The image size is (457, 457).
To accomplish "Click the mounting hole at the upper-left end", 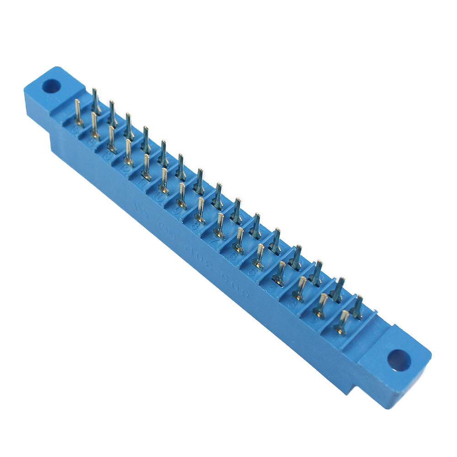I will pos(52,85).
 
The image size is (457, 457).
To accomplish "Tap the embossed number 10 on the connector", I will pos(158,197).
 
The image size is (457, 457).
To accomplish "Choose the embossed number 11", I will pos(140,183).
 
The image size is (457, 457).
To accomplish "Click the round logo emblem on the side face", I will pos(162,227).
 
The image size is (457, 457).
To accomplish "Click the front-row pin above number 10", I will pos(164,181).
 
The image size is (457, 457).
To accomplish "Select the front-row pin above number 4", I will pos(279,272).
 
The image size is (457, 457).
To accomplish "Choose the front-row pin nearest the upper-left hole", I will pos(78,112).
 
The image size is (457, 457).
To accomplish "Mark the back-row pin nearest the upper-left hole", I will pos(95,101).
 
